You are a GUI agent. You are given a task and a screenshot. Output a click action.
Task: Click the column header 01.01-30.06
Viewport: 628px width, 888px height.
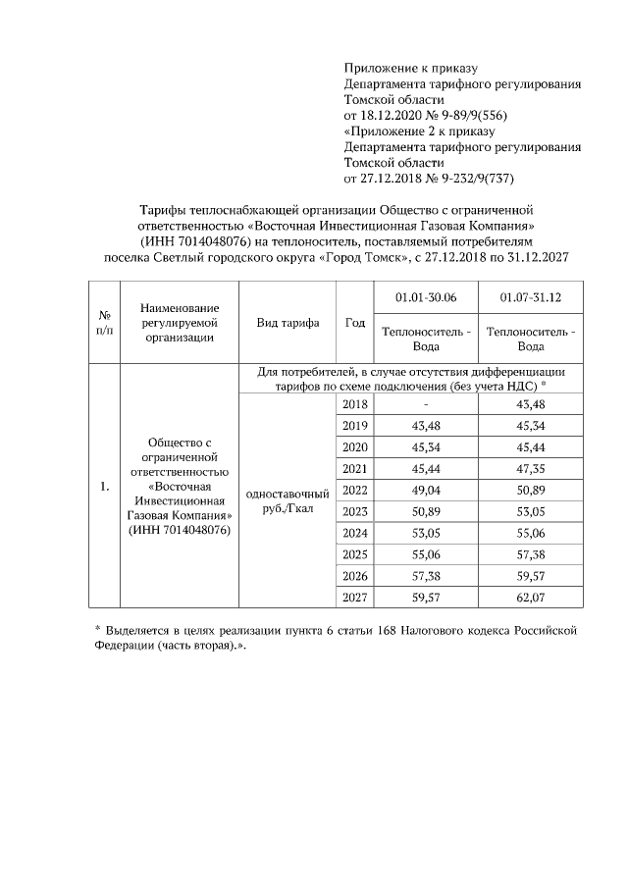tap(425, 297)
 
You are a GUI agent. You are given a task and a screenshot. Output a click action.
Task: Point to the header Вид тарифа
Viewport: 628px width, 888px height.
tap(288, 323)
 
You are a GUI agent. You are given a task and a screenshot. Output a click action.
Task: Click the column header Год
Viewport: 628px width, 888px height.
tap(354, 323)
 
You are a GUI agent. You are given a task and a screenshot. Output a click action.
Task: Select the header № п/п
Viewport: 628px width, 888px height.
tap(104, 323)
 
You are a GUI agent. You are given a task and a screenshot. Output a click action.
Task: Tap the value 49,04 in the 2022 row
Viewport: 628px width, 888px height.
tap(425, 490)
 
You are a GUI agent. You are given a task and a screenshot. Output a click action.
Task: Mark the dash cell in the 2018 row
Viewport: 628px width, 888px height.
tap(425, 405)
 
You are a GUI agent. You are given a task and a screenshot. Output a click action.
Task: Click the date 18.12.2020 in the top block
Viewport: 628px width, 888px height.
tap(391, 115)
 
